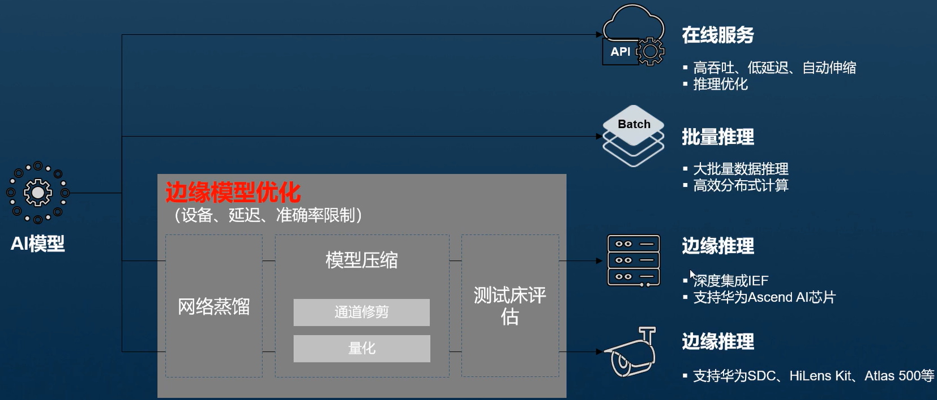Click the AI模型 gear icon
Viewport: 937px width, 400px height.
click(x=37, y=193)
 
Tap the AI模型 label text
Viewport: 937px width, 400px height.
click(x=37, y=244)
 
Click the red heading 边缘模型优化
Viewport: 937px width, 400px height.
click(x=233, y=193)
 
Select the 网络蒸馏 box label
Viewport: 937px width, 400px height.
click(x=213, y=307)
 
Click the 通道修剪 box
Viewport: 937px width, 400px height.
click(x=361, y=312)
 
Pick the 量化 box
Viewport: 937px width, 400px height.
click(x=361, y=348)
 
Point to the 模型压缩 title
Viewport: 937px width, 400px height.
click(x=361, y=260)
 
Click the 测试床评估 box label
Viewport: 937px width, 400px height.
click(x=510, y=305)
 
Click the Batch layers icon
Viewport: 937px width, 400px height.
click(x=633, y=136)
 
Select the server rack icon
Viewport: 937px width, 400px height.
click(x=634, y=261)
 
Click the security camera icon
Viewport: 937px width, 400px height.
click(x=631, y=352)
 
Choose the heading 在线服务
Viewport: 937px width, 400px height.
click(x=717, y=35)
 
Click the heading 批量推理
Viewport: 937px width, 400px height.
click(x=717, y=137)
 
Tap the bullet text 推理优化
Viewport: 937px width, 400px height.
click(x=720, y=84)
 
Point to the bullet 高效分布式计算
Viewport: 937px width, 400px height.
click(x=741, y=185)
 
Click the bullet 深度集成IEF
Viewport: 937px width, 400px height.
click(x=730, y=281)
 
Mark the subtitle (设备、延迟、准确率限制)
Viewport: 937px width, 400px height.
click(x=268, y=215)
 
